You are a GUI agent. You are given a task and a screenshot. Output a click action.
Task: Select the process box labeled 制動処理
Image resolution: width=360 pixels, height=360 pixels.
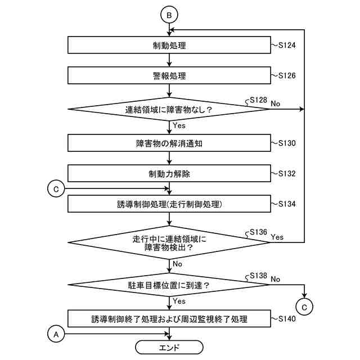tap(169, 46)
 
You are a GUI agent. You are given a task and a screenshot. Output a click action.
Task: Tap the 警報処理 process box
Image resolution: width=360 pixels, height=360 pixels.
tap(169, 76)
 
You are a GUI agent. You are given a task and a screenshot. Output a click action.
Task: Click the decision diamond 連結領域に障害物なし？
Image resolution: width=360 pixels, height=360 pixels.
tap(169, 110)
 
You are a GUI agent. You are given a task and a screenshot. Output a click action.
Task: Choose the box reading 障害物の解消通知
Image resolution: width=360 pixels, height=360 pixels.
tap(169, 143)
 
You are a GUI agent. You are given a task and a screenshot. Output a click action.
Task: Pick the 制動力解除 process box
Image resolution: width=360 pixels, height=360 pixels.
tap(169, 174)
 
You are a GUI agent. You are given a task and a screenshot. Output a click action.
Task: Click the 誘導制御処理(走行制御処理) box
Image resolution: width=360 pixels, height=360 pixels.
tap(169, 204)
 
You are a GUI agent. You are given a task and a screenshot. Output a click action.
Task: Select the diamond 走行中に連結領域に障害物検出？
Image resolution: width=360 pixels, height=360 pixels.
tap(169, 243)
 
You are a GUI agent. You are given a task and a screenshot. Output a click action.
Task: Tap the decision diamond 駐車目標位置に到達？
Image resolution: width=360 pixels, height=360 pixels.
tap(169, 285)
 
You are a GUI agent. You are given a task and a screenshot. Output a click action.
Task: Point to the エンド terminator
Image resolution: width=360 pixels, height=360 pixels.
tap(169, 345)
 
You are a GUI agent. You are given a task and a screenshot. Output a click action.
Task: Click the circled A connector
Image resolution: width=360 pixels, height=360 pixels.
tap(55, 334)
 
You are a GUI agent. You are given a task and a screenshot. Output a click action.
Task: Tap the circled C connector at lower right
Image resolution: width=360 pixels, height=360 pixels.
tap(304, 307)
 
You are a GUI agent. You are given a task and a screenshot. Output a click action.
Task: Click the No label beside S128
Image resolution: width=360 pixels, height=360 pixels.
tap(276, 104)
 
